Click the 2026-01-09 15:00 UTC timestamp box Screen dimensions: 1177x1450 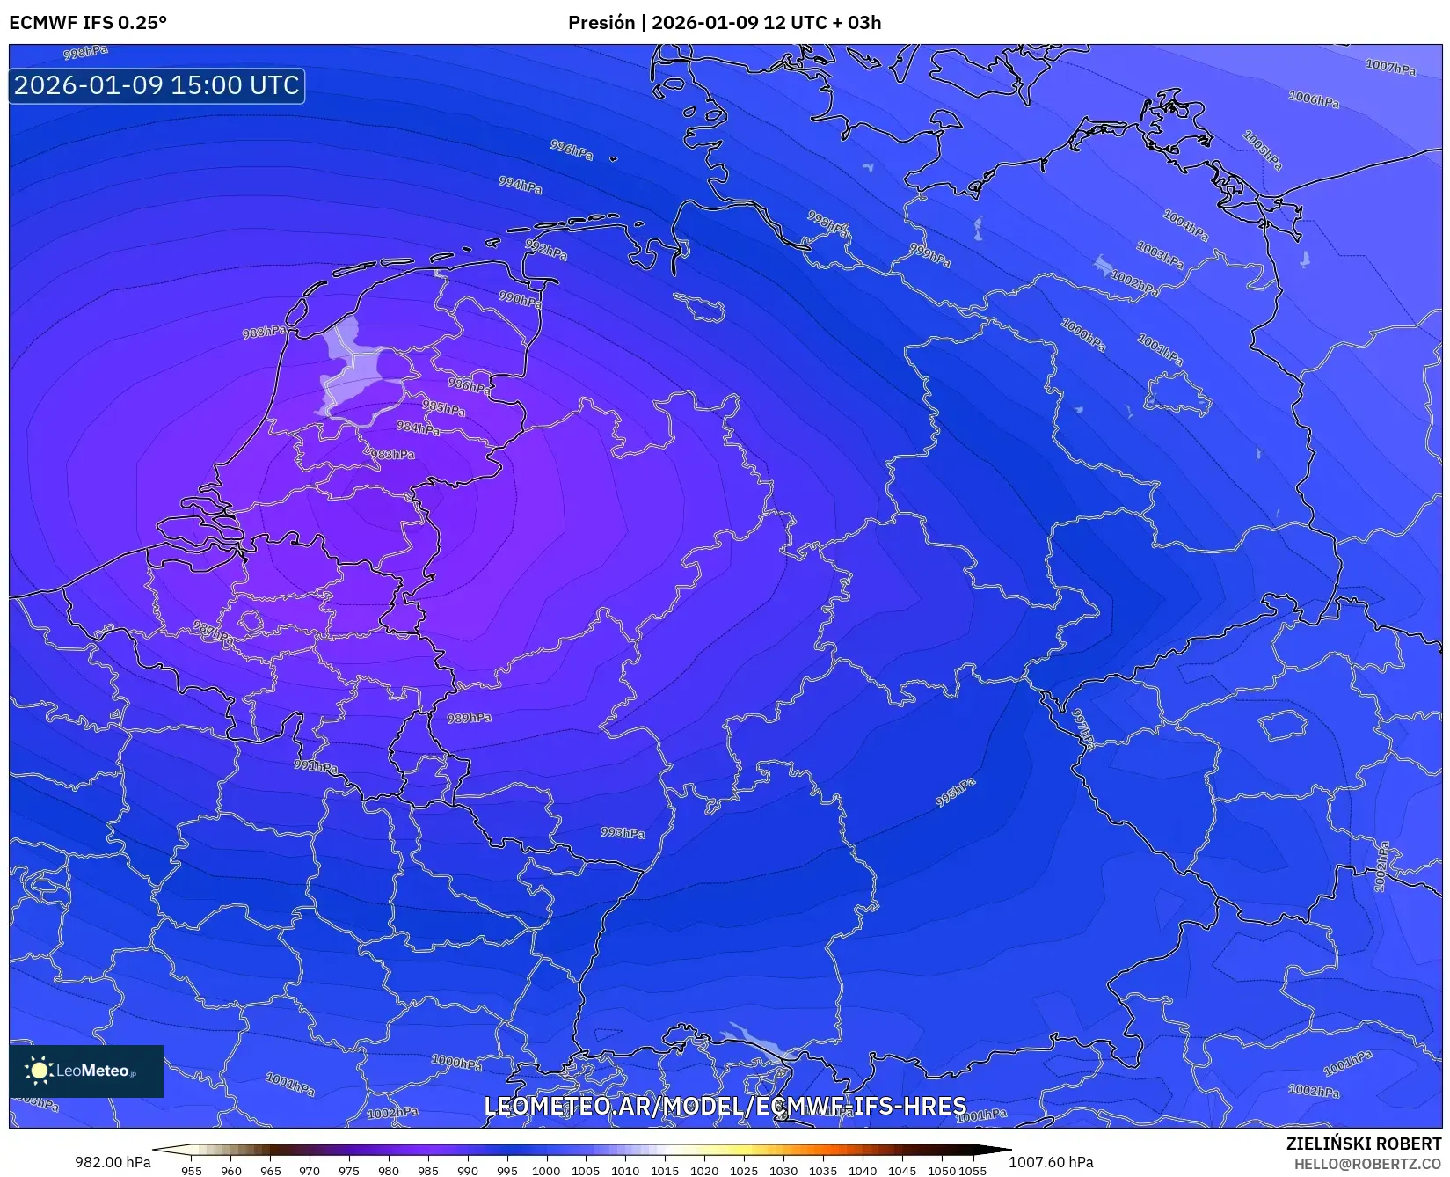pos(157,85)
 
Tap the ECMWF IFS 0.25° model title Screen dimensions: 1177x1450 pos(88,23)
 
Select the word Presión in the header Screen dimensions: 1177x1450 pos(601,23)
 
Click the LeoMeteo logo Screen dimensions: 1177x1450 pos(86,1071)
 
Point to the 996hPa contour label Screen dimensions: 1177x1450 pos(572,150)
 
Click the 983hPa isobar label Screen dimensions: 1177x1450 pos(392,455)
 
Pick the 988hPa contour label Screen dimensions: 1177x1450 pos(264,332)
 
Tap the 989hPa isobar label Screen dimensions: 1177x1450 pos(469,718)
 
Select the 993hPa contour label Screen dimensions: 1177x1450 pos(623,832)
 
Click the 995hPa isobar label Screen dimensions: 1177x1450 pos(955,793)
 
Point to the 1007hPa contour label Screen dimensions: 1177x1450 pos(1390,67)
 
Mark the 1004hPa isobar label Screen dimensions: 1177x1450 pos(1185,225)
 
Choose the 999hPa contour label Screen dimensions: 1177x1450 pos(929,256)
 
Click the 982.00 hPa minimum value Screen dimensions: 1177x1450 pos(113,1162)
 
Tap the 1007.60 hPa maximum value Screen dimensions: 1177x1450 pos(1051,1162)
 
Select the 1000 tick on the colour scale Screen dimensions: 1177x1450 pos(545,1170)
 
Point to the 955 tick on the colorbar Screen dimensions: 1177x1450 pos(192,1170)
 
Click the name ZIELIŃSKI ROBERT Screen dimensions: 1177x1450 pos(1364,1144)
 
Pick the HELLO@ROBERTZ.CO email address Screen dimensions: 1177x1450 pos(1367,1164)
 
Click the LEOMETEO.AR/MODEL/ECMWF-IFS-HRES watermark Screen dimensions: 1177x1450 pos(725,1106)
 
